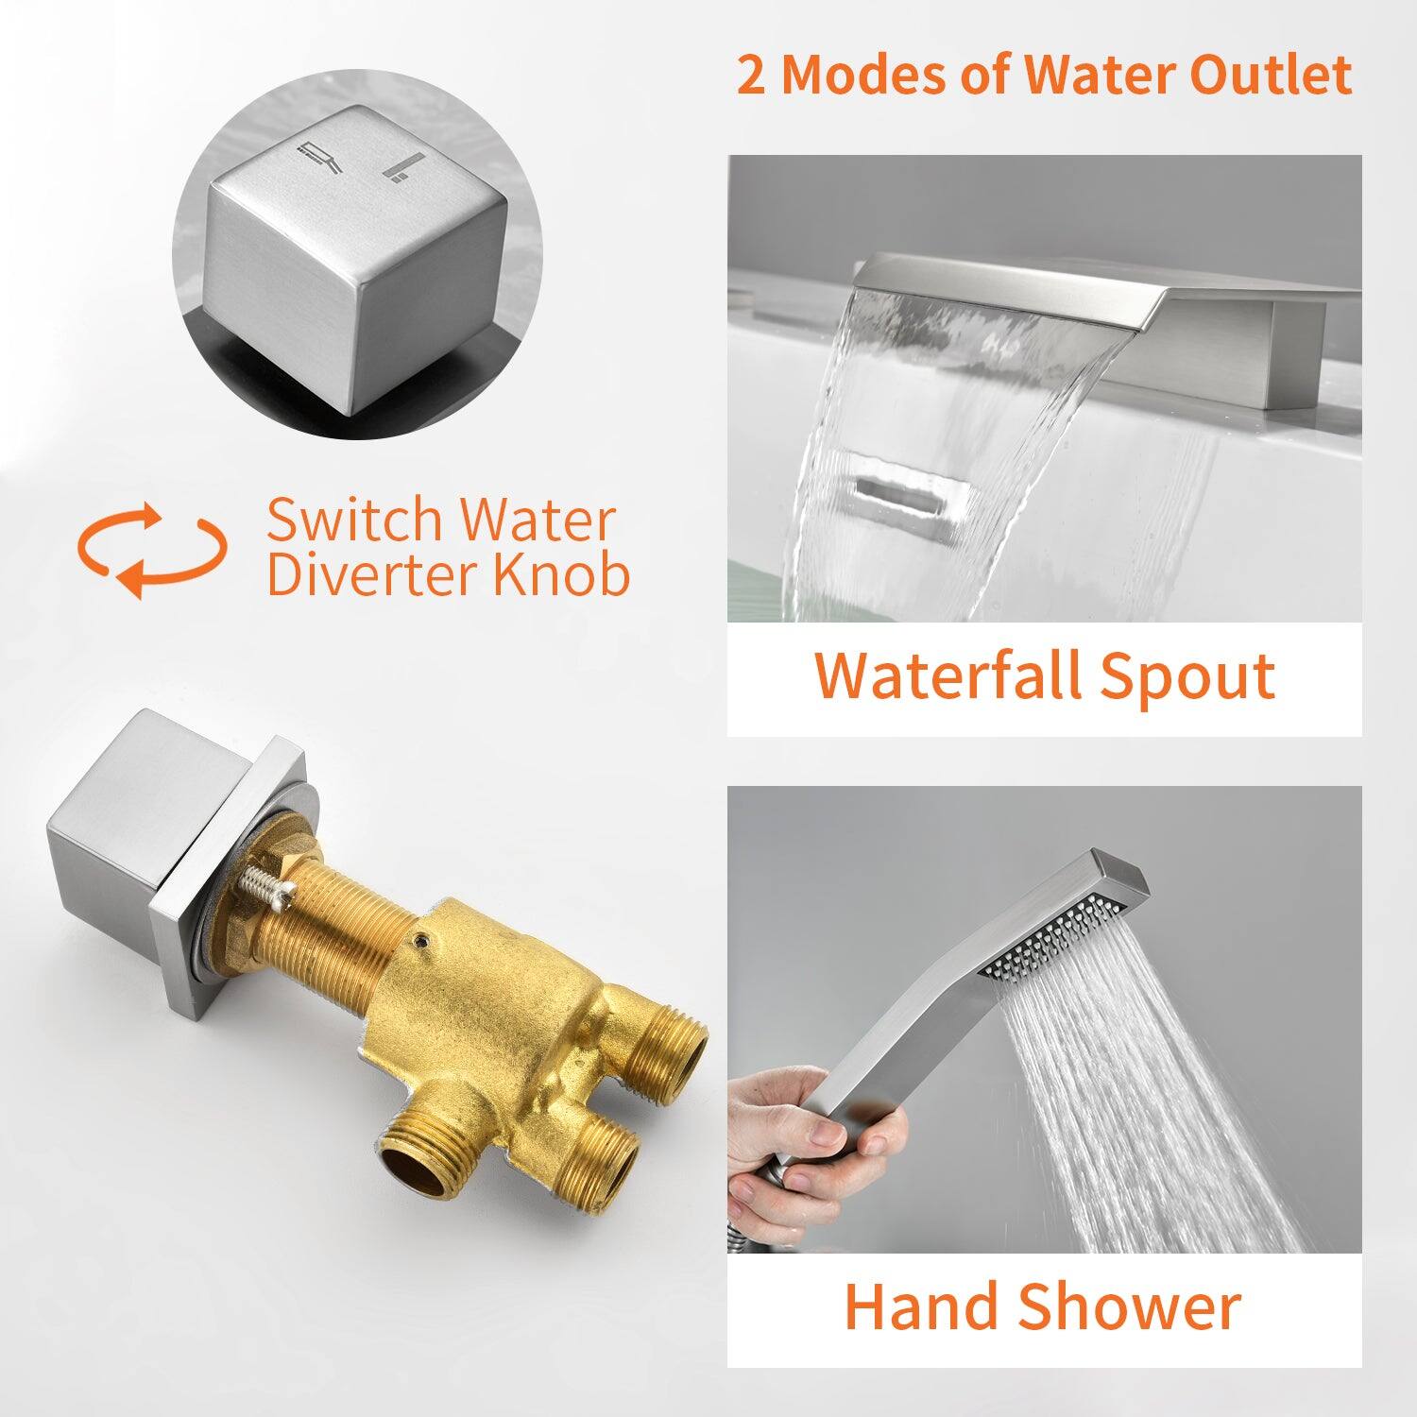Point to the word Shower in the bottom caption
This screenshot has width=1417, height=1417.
pos(1130,1306)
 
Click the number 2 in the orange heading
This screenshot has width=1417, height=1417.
pos(751,75)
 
